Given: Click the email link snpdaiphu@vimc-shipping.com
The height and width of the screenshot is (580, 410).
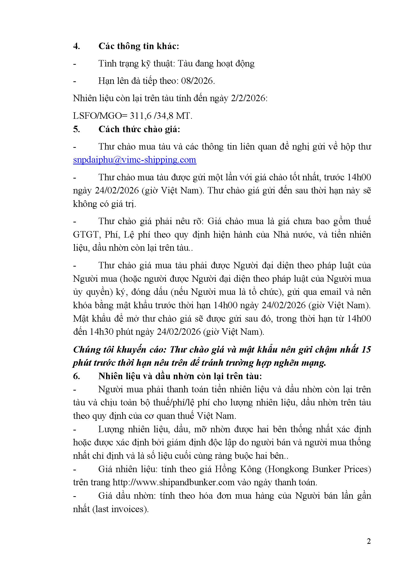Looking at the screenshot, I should coord(135,160).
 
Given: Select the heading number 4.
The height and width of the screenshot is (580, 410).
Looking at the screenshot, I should coord(77,46).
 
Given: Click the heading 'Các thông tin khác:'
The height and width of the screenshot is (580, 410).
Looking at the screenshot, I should coord(139,46).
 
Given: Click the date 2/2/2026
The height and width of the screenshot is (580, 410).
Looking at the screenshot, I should coord(248,98).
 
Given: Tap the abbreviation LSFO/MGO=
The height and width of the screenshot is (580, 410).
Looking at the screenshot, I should coord(100,116).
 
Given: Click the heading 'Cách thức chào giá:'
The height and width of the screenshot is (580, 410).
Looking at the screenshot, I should coord(139,129).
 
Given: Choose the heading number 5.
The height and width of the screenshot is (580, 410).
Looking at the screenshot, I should coord(77,129).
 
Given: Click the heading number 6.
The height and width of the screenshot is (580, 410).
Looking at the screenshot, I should coord(77,376).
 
